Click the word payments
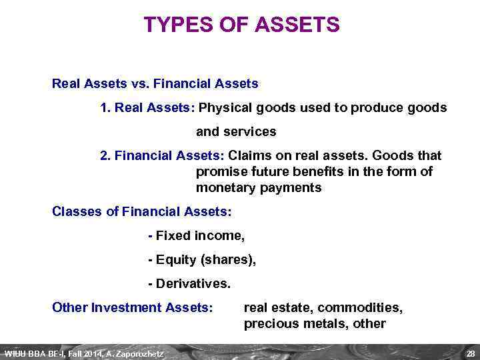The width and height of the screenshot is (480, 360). tap(288, 187)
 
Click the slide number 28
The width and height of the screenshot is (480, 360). tap(469, 353)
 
